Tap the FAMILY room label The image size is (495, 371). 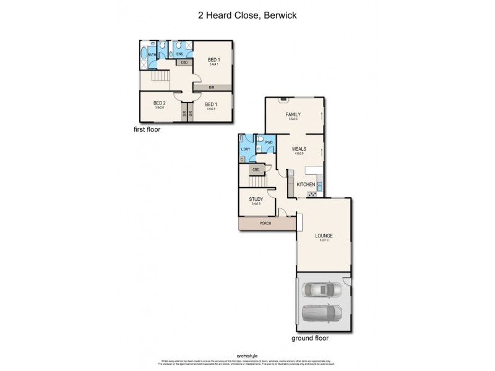(x=293, y=116)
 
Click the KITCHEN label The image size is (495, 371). (x=306, y=185)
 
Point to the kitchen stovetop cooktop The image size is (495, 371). (x=312, y=194)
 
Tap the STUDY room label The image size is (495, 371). (x=256, y=200)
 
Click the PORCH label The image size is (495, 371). (x=267, y=223)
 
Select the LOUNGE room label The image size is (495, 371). (x=324, y=236)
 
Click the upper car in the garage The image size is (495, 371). (x=322, y=289)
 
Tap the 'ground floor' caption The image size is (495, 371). (x=310, y=338)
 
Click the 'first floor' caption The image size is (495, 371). (x=151, y=130)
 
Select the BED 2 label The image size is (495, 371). (x=160, y=103)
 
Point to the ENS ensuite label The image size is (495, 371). (x=179, y=54)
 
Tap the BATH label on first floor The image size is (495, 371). (x=151, y=55)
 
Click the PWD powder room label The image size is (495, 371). (x=269, y=143)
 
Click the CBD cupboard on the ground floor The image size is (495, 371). (x=256, y=169)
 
